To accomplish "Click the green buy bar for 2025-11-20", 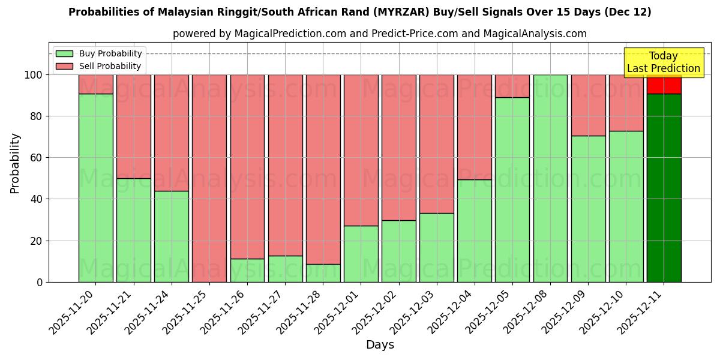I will pyautogui.click(x=96, y=188).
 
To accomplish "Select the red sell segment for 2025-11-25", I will pyautogui.click(x=209, y=178).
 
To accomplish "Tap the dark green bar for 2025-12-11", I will pyautogui.click(x=664, y=188).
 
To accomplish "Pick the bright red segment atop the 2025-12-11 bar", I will pyautogui.click(x=664, y=85).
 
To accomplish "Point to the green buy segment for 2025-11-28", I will pyautogui.click(x=323, y=273).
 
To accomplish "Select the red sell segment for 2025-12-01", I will pyautogui.click(x=361, y=150).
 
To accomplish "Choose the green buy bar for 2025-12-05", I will pyautogui.click(x=512, y=190).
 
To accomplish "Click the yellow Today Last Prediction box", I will pyautogui.click(x=664, y=62).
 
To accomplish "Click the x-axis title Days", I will pyautogui.click(x=380, y=345).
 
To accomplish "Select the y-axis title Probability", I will pyautogui.click(x=15, y=163).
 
